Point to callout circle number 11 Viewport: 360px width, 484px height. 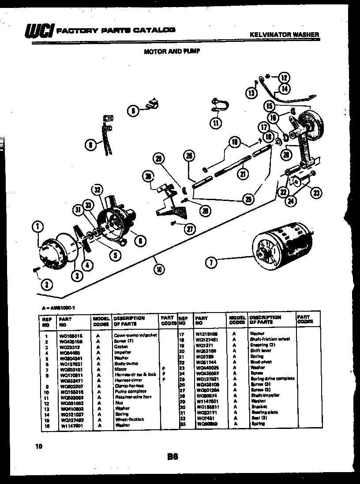click(215, 123)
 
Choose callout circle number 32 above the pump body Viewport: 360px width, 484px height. click(97, 191)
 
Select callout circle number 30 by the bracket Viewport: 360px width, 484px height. click(148, 177)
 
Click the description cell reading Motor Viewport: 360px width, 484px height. click(120, 369)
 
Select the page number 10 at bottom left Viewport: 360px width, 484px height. click(39, 447)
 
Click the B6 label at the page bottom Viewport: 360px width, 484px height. click(172, 457)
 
